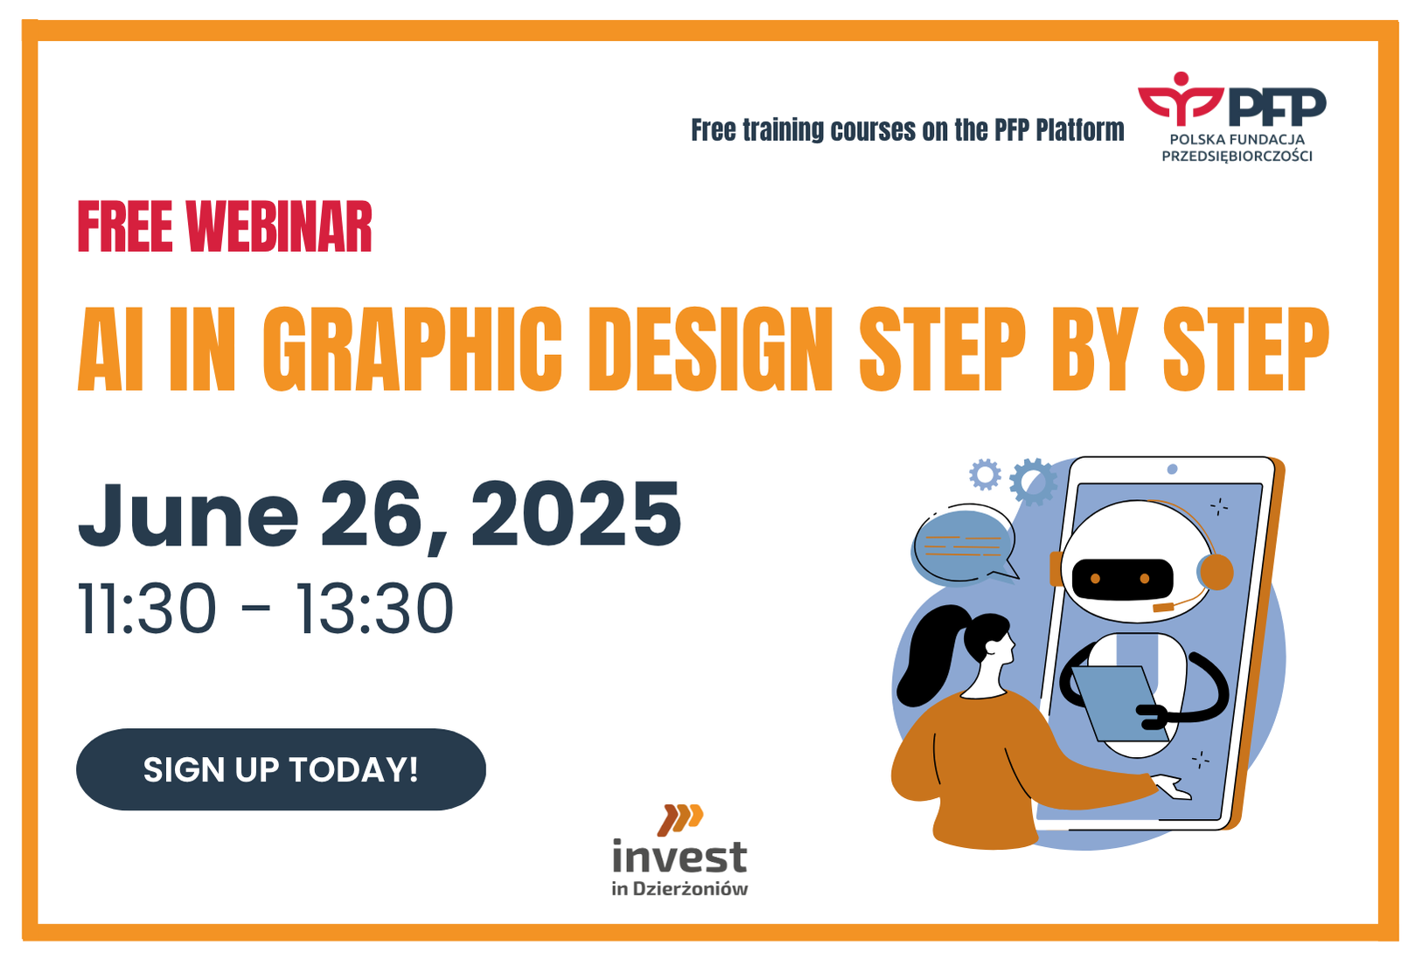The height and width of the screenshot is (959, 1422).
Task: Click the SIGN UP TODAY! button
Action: (281, 769)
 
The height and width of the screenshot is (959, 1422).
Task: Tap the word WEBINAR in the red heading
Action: (279, 226)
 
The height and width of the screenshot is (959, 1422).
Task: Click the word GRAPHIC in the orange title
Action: (413, 349)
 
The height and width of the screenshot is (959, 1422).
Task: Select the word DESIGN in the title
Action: (710, 349)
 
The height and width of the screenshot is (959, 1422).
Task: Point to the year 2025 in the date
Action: (575, 513)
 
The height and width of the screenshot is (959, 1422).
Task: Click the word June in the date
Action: (188, 513)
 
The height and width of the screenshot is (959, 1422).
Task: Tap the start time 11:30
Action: (147, 608)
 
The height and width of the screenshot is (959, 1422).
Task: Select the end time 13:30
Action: (374, 608)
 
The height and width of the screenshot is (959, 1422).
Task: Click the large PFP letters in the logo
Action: (1277, 107)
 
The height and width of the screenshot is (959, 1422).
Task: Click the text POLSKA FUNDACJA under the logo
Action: (1237, 139)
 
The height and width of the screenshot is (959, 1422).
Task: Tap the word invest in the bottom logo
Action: (680, 857)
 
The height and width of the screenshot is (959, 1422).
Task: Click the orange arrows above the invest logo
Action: (680, 819)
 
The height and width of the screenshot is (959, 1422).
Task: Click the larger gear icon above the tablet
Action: (1033, 482)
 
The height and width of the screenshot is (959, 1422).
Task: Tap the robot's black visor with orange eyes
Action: (1122, 579)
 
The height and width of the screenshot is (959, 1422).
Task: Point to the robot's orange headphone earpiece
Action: (1216, 572)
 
